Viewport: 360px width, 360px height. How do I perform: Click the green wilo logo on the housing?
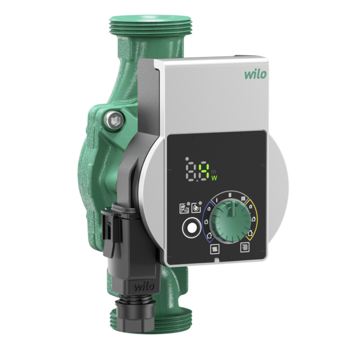[x=255, y=76]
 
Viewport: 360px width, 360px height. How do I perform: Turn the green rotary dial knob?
[x=228, y=215]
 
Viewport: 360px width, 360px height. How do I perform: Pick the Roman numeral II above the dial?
[x=229, y=193]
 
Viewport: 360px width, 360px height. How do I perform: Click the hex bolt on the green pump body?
[x=113, y=121]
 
